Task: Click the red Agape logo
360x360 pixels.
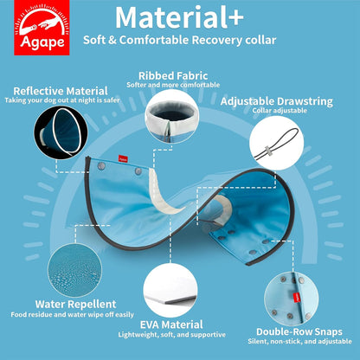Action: [42, 28]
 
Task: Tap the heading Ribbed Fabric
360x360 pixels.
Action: [173, 76]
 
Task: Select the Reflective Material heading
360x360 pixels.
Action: [61, 91]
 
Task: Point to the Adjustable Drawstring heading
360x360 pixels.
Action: [277, 101]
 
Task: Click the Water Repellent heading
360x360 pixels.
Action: [76, 304]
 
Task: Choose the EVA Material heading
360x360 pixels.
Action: [171, 325]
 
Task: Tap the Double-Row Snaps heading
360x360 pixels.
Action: [299, 331]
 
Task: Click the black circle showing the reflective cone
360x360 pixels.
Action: [61, 132]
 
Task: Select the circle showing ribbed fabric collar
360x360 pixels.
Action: [171, 116]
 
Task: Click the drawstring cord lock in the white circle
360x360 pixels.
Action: [268, 151]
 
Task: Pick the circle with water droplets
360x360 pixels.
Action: [75, 270]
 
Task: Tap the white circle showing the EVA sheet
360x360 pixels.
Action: [170, 290]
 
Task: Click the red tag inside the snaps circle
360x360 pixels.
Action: [295, 298]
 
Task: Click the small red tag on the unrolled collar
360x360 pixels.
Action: [123, 159]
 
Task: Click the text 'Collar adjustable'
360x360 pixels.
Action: [280, 111]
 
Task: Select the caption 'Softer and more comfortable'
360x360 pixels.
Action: [173, 85]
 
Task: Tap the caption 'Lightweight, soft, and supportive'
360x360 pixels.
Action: [172, 335]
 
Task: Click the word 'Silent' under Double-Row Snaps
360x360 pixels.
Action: [258, 341]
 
